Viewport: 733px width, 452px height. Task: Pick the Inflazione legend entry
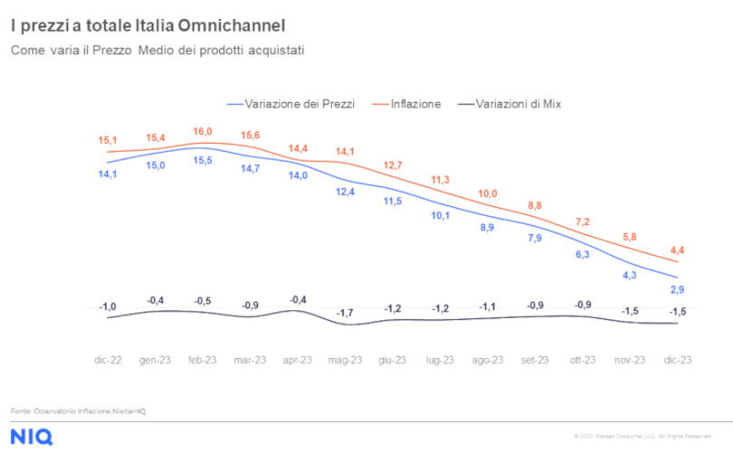tap(415, 104)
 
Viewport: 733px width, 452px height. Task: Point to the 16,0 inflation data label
tap(204, 131)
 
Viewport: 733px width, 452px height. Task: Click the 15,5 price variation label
tap(204, 160)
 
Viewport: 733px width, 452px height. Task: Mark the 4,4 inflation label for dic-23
tap(677, 250)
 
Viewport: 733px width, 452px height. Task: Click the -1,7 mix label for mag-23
tap(345, 312)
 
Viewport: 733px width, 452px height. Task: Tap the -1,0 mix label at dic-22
tap(108, 307)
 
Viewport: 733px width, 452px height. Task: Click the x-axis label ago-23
tap(488, 359)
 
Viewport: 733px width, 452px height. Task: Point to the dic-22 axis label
tap(108, 359)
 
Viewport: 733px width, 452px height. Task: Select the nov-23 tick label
tap(630, 359)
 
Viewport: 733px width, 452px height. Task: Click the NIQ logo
tap(32, 436)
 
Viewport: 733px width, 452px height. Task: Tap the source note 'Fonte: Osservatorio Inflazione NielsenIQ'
tap(79, 411)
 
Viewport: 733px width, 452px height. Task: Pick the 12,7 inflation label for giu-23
tap(392, 165)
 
